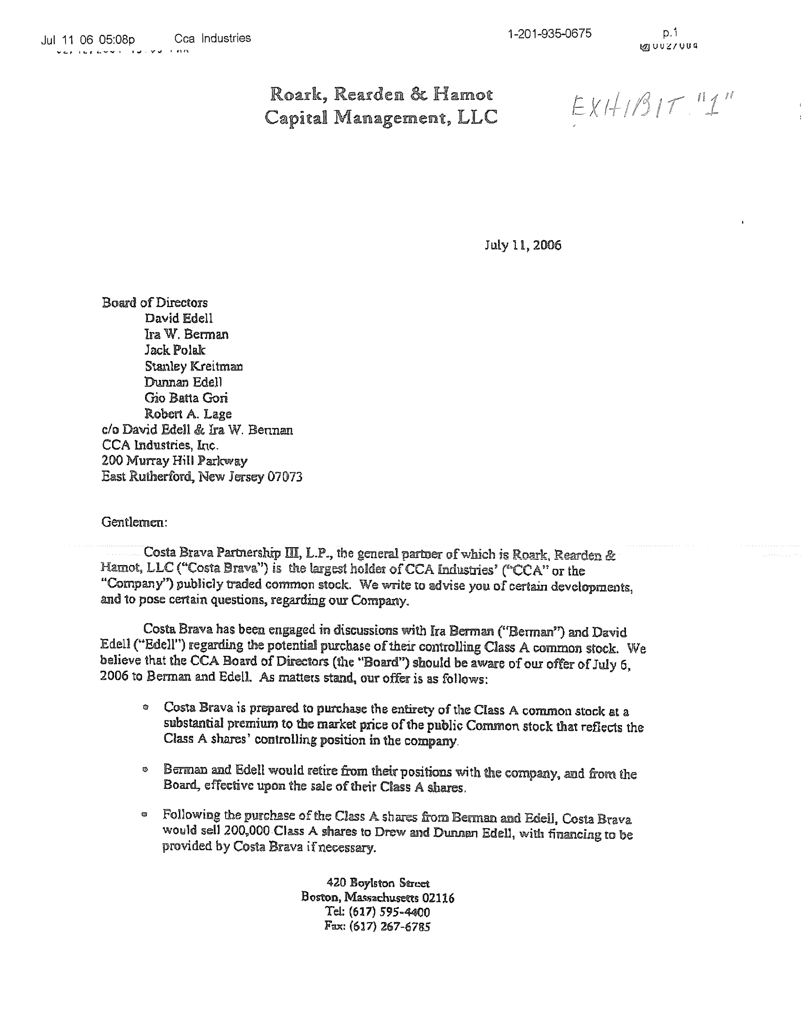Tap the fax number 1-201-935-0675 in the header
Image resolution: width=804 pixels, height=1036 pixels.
(549, 34)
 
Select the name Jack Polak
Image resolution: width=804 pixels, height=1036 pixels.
(175, 350)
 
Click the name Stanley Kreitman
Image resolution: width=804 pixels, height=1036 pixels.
(194, 366)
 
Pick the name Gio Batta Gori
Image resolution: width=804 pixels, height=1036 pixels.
(186, 398)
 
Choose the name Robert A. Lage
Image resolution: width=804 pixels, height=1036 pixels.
(188, 413)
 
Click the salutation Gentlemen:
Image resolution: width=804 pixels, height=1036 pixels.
(134, 522)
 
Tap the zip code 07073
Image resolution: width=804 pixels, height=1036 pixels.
(284, 476)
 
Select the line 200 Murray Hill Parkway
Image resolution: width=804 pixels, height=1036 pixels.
(174, 461)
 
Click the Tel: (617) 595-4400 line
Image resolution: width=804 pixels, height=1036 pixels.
(377, 912)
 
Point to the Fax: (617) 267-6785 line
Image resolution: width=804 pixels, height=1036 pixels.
(377, 926)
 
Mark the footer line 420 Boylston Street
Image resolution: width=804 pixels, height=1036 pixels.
(378, 883)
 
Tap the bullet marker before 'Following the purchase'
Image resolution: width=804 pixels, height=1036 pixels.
(145, 815)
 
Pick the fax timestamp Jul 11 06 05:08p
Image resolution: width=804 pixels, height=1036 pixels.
(88, 40)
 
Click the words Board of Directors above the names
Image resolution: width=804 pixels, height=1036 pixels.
(154, 303)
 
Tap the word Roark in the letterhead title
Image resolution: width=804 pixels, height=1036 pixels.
(298, 95)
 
